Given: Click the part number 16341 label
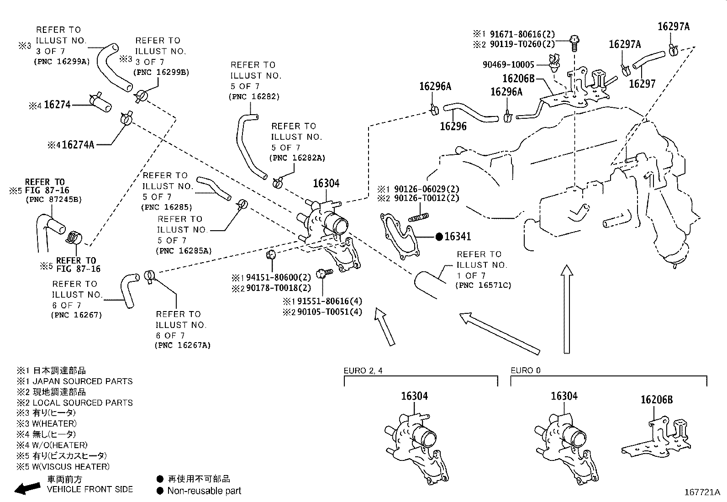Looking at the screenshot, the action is [458, 237].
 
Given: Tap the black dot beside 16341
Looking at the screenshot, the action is [439, 237].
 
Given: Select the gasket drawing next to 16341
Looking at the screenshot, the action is [399, 236].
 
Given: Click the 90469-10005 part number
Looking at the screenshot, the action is [508, 64].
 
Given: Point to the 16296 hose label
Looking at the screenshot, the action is [453, 126].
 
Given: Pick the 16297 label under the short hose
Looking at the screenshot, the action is [643, 84].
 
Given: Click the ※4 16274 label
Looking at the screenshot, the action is [50, 105].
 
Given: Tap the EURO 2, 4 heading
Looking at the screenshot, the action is [363, 370].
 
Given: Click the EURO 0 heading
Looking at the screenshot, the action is [526, 370].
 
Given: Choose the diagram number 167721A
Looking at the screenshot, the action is [702, 492].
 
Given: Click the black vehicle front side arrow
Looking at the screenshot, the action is [27, 488].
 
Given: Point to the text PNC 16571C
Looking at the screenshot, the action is [483, 285].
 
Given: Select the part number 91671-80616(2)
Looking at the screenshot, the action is [522, 34].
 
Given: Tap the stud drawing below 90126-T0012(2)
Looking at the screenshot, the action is [419, 217].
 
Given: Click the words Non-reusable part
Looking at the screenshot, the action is [204, 491].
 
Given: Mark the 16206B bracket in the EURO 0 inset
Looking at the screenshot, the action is [656, 439].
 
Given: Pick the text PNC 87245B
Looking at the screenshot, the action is [54, 199].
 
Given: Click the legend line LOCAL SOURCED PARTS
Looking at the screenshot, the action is [83, 402].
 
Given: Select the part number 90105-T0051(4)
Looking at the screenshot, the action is [329, 312].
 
